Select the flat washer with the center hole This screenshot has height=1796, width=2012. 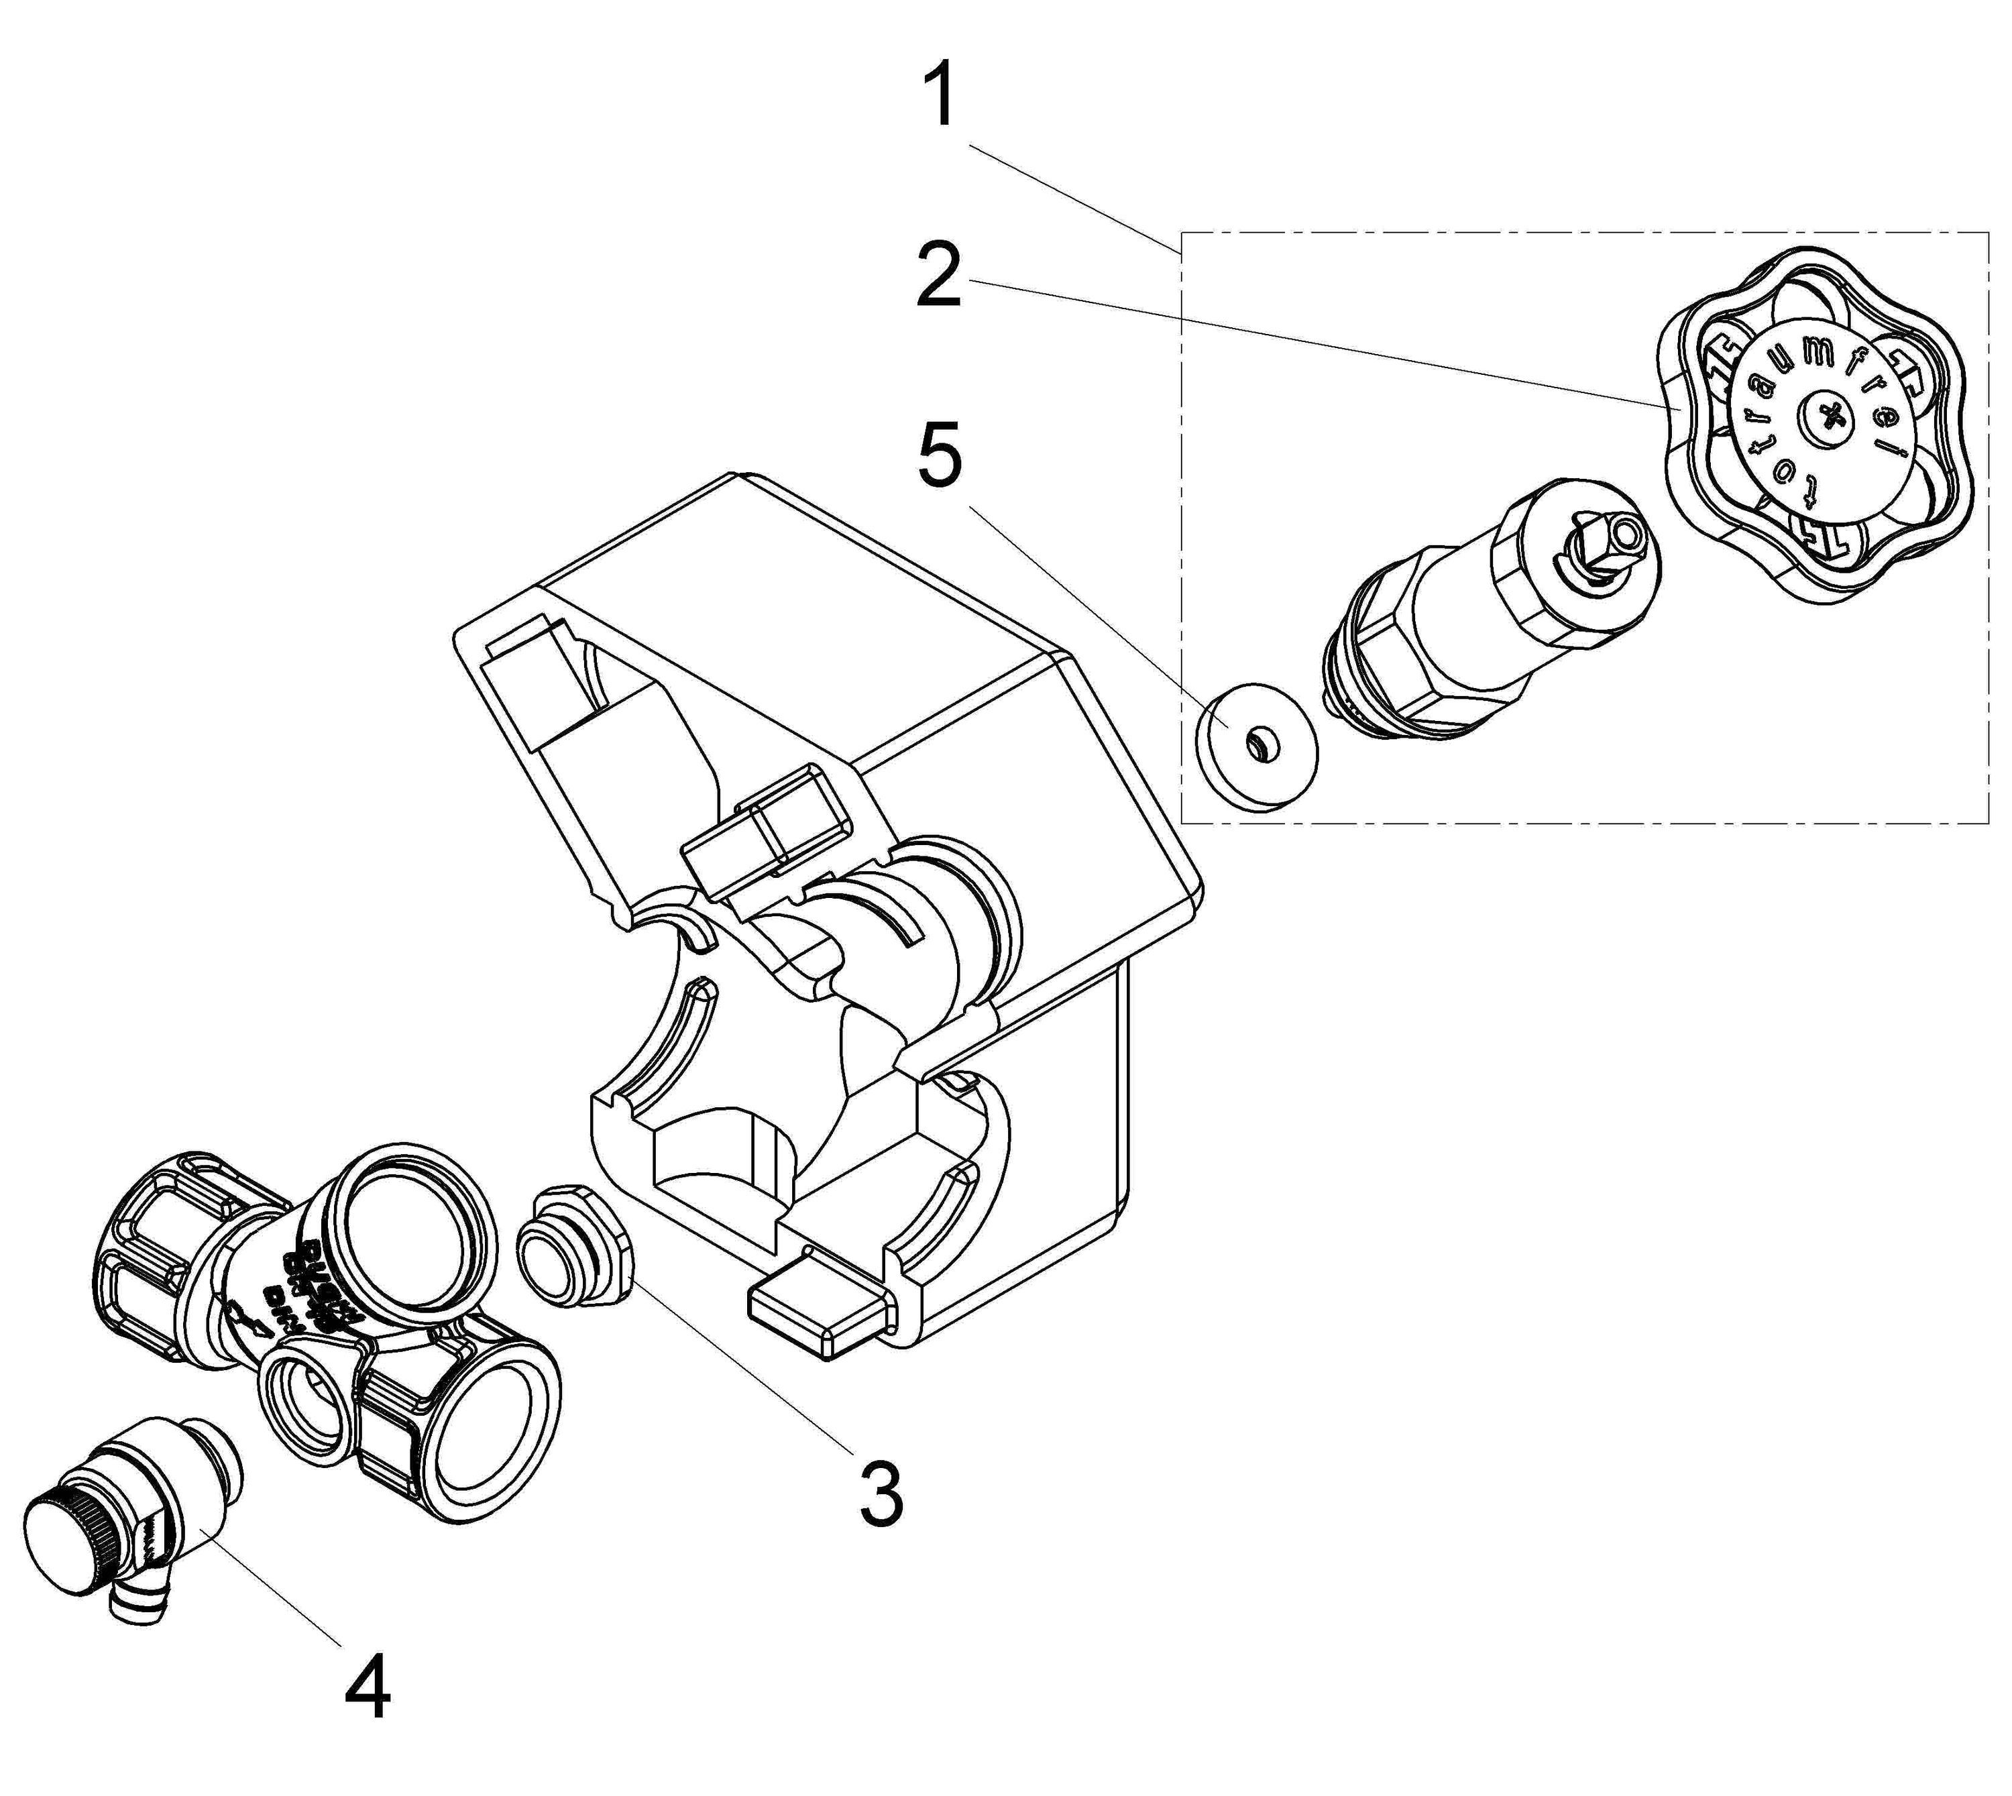point(1256,743)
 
